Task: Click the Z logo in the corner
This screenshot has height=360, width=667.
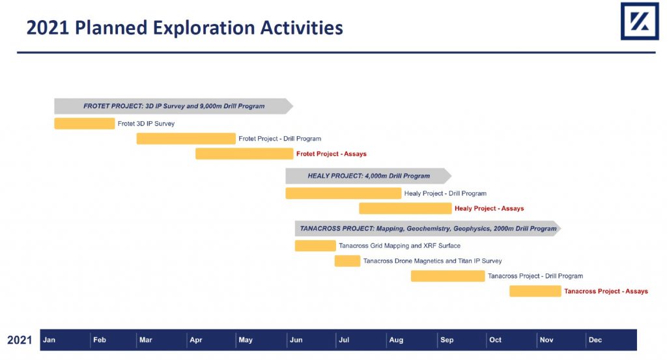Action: coord(640,21)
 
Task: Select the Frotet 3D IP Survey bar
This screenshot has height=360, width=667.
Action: coord(84,123)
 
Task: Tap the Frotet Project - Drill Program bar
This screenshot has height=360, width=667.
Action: coord(186,139)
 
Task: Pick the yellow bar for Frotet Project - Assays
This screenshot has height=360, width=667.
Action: coord(244,154)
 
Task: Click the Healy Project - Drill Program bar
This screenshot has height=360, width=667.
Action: coord(343,193)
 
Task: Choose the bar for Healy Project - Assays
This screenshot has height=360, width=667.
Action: coord(405,208)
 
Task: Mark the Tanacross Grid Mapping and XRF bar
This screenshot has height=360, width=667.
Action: coord(315,245)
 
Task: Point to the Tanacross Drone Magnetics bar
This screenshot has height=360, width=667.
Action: coord(347,261)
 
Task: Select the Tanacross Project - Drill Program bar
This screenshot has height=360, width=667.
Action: coord(447,276)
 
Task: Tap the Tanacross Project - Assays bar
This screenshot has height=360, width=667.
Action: coord(535,291)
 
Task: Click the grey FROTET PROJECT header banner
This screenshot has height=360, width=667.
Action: coord(173,106)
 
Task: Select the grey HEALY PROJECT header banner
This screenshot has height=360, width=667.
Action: coord(369,176)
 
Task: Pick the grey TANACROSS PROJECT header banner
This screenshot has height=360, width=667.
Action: coord(428,228)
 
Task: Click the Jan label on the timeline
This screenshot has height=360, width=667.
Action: coord(49,340)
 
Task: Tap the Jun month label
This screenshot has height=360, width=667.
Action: coord(296,340)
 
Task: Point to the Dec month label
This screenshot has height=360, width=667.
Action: coord(595,340)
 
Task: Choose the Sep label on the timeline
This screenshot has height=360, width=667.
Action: coord(447,340)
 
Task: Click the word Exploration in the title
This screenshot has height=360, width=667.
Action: coord(204,27)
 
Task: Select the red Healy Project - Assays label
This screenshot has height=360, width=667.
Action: coord(489,208)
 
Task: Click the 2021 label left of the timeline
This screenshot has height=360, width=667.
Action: coord(20,340)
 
